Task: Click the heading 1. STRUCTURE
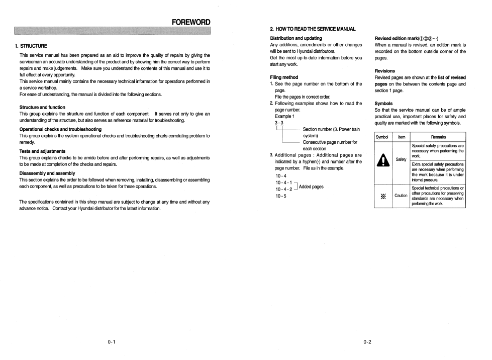31,46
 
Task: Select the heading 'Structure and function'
42,107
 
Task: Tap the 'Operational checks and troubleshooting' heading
60,129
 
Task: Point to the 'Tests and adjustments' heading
42,151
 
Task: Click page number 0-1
112,342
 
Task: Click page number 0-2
367,342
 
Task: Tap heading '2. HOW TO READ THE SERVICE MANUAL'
313,29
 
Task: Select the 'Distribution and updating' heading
296,38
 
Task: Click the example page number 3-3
279,123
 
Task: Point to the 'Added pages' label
312,187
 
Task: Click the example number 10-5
280,196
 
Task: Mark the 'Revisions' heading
385,71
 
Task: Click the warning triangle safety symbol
384,159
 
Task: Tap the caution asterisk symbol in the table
384,195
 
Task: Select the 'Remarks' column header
438,137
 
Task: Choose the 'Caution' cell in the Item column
401,196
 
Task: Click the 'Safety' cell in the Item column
401,159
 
